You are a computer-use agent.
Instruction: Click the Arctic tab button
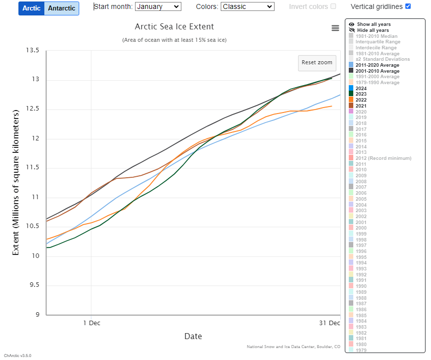tap(31, 8)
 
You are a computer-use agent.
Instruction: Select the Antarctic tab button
tap(61, 8)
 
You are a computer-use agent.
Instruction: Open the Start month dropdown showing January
tap(157, 6)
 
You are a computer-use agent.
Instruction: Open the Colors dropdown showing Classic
tap(248, 6)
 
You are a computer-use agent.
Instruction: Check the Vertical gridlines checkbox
tap(408, 6)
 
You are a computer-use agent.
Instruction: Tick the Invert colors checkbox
tap(333, 6)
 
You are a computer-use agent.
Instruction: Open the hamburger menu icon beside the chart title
tap(335, 28)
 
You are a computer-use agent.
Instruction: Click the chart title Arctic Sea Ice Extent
tap(174, 26)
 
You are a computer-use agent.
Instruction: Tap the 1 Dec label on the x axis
tap(92, 323)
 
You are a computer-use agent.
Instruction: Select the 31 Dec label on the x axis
tap(329, 323)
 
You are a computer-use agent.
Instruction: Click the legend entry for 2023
tap(361, 94)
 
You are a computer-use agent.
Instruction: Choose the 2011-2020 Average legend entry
tap(378, 65)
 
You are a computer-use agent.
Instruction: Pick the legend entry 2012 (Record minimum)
tap(383, 158)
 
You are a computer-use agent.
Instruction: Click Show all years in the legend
tap(373, 24)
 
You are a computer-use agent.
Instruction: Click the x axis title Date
tap(193, 337)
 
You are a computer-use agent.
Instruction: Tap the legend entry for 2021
tap(361, 106)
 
